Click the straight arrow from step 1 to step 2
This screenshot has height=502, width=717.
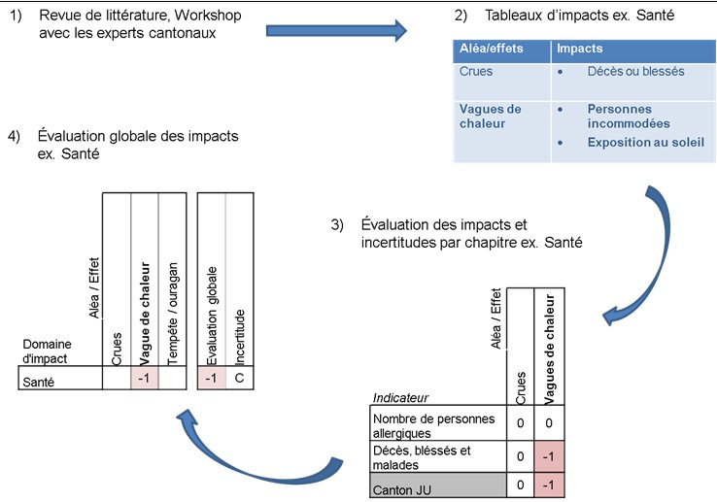[340, 31]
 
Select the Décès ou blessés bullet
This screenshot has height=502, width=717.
[635, 71]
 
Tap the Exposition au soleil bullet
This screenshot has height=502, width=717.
[645, 143]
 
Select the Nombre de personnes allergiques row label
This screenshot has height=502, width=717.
[433, 425]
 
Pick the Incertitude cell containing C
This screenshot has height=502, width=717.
[239, 379]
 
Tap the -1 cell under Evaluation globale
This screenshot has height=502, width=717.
[211, 379]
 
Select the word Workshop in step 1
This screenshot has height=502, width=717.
[207, 16]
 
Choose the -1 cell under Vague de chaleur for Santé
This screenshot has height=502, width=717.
[144, 379]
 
